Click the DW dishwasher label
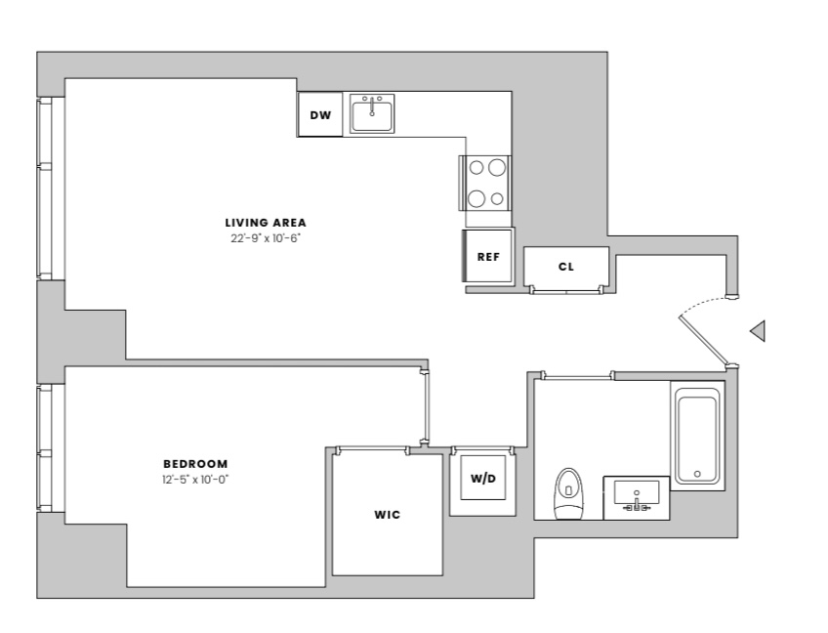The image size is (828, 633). [x=320, y=115]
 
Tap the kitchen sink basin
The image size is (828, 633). [x=372, y=115]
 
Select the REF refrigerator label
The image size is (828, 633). [x=488, y=257]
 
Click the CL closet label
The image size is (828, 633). [x=566, y=267]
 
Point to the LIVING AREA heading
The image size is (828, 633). [x=266, y=223]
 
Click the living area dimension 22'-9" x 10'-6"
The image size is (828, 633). [x=266, y=238]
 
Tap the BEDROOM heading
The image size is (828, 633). [x=195, y=464]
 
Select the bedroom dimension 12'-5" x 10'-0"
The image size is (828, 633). [x=195, y=480]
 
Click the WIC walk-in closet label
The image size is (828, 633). [x=388, y=515]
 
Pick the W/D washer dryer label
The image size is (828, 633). [x=483, y=479]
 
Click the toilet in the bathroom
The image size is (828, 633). [x=567, y=493]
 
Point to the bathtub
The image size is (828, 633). [x=697, y=436]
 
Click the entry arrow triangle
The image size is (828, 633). [x=758, y=331]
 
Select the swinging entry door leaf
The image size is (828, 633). [x=704, y=340]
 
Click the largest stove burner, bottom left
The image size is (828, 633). [x=476, y=198]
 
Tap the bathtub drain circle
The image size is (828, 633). [x=697, y=474]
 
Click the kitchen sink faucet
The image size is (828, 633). [x=372, y=106]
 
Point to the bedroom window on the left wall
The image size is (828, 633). [x=45, y=448]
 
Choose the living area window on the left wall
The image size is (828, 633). [x=45, y=189]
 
